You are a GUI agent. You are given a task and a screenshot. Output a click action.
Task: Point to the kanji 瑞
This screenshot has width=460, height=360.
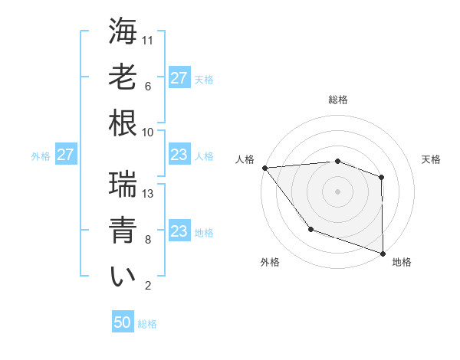tap(123, 185)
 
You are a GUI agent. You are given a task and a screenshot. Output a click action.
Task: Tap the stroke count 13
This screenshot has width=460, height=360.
tap(149, 194)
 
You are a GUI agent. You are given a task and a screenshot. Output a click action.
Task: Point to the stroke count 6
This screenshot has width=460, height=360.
tap(147, 87)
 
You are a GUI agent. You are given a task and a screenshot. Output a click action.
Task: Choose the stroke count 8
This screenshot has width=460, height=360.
tap(147, 240)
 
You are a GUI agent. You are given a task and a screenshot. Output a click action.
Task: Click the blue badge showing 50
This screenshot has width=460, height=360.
tap(123, 322)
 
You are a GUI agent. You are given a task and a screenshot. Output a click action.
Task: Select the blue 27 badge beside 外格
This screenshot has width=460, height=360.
tap(65, 155)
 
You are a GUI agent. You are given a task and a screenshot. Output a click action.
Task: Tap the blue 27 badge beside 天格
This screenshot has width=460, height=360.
tap(179, 77)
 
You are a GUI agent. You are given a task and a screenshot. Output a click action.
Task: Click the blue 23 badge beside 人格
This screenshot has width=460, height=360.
tap(179, 155)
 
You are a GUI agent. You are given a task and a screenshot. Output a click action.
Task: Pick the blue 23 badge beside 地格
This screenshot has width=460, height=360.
tap(179, 231)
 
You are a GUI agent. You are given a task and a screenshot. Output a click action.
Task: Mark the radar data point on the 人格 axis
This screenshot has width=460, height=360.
tap(264, 167)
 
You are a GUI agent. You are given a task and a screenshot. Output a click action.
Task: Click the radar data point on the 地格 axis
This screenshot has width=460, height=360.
tap(382, 253)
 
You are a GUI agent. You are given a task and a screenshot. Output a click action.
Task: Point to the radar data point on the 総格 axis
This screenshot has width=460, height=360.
tap(337, 161)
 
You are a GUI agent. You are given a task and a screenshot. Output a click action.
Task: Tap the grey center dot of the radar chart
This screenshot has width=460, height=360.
tap(337, 191)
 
